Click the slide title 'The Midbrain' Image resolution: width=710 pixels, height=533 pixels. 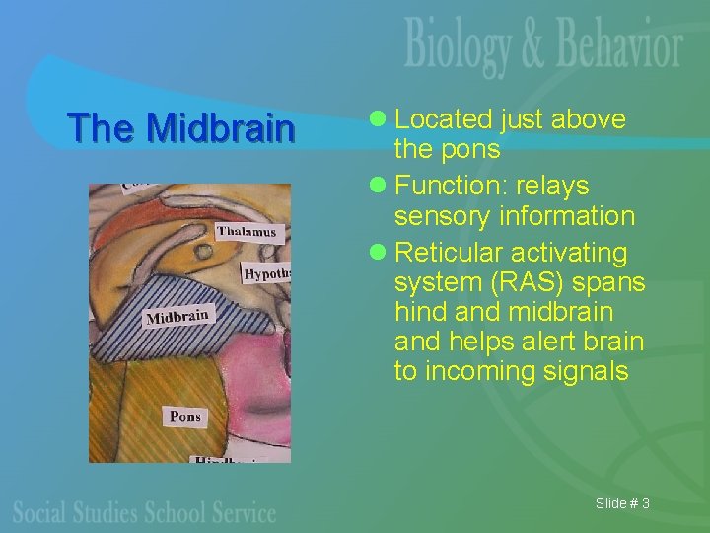pyautogui.click(x=180, y=127)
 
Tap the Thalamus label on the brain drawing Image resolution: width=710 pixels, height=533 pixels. pyautogui.click(x=248, y=232)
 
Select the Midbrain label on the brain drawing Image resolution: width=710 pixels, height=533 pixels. pyautogui.click(x=178, y=316)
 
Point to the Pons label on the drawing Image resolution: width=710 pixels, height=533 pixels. pyautogui.click(x=185, y=416)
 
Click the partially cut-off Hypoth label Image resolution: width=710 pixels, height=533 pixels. pyautogui.click(x=266, y=273)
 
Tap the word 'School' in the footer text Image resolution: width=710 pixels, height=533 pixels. pyautogui.click(x=189, y=512)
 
